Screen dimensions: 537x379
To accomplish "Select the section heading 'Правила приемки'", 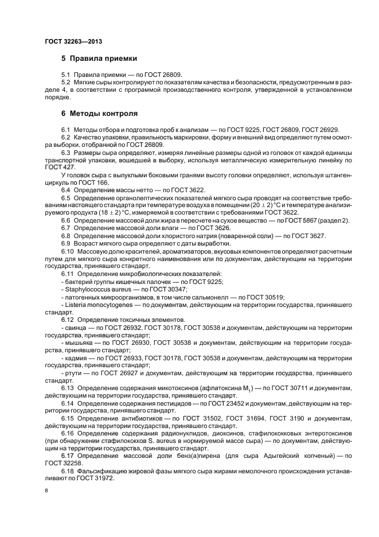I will pos(103,59).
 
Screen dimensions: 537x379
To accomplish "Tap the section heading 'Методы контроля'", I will pos(103,114).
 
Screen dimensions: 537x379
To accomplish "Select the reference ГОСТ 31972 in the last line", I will pos(104,478).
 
